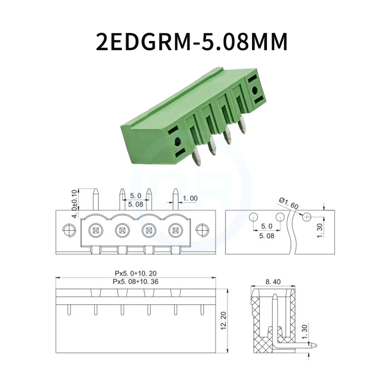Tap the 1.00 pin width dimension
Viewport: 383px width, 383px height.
pyautogui.click(x=190, y=198)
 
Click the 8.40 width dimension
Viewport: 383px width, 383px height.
pyautogui.click(x=273, y=282)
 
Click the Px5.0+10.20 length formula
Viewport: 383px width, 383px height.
pyautogui.click(x=136, y=273)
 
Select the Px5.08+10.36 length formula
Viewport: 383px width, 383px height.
pyautogui.click(x=136, y=282)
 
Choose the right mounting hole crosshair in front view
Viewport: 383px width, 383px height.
pyautogui.click(x=201, y=230)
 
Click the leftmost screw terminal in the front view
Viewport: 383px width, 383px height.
pyautogui.click(x=95, y=231)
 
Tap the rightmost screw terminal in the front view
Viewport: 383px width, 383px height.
pyautogui.click(x=175, y=231)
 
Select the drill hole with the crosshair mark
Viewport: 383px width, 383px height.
pyautogui.click(x=306, y=217)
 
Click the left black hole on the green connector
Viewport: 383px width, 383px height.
pyautogui.click(x=177, y=142)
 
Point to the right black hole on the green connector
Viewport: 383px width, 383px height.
pyautogui.click(x=255, y=91)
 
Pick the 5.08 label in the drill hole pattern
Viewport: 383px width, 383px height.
pyautogui.click(x=267, y=236)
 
